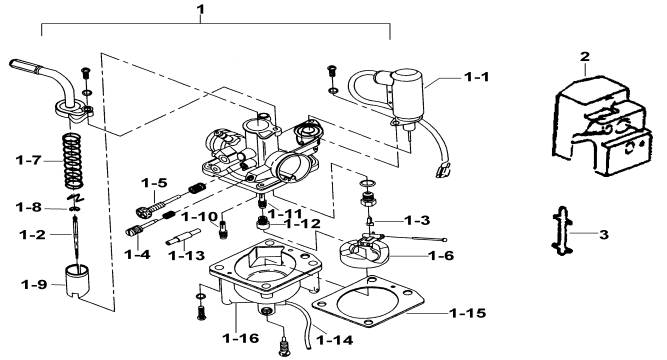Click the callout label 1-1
point(476,77)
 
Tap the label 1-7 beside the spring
point(28,160)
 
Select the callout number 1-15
point(468,313)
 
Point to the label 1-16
point(241,338)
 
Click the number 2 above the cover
point(585,57)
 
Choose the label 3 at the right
point(604,234)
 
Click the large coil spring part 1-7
point(73,161)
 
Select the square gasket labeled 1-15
point(368,301)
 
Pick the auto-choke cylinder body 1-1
point(407,94)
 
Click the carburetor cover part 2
point(602,126)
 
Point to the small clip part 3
point(562,231)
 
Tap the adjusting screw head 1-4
point(133,231)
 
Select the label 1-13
point(186,256)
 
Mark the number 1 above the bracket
point(201,9)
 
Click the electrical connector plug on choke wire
point(442,169)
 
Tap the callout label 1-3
point(417,220)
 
